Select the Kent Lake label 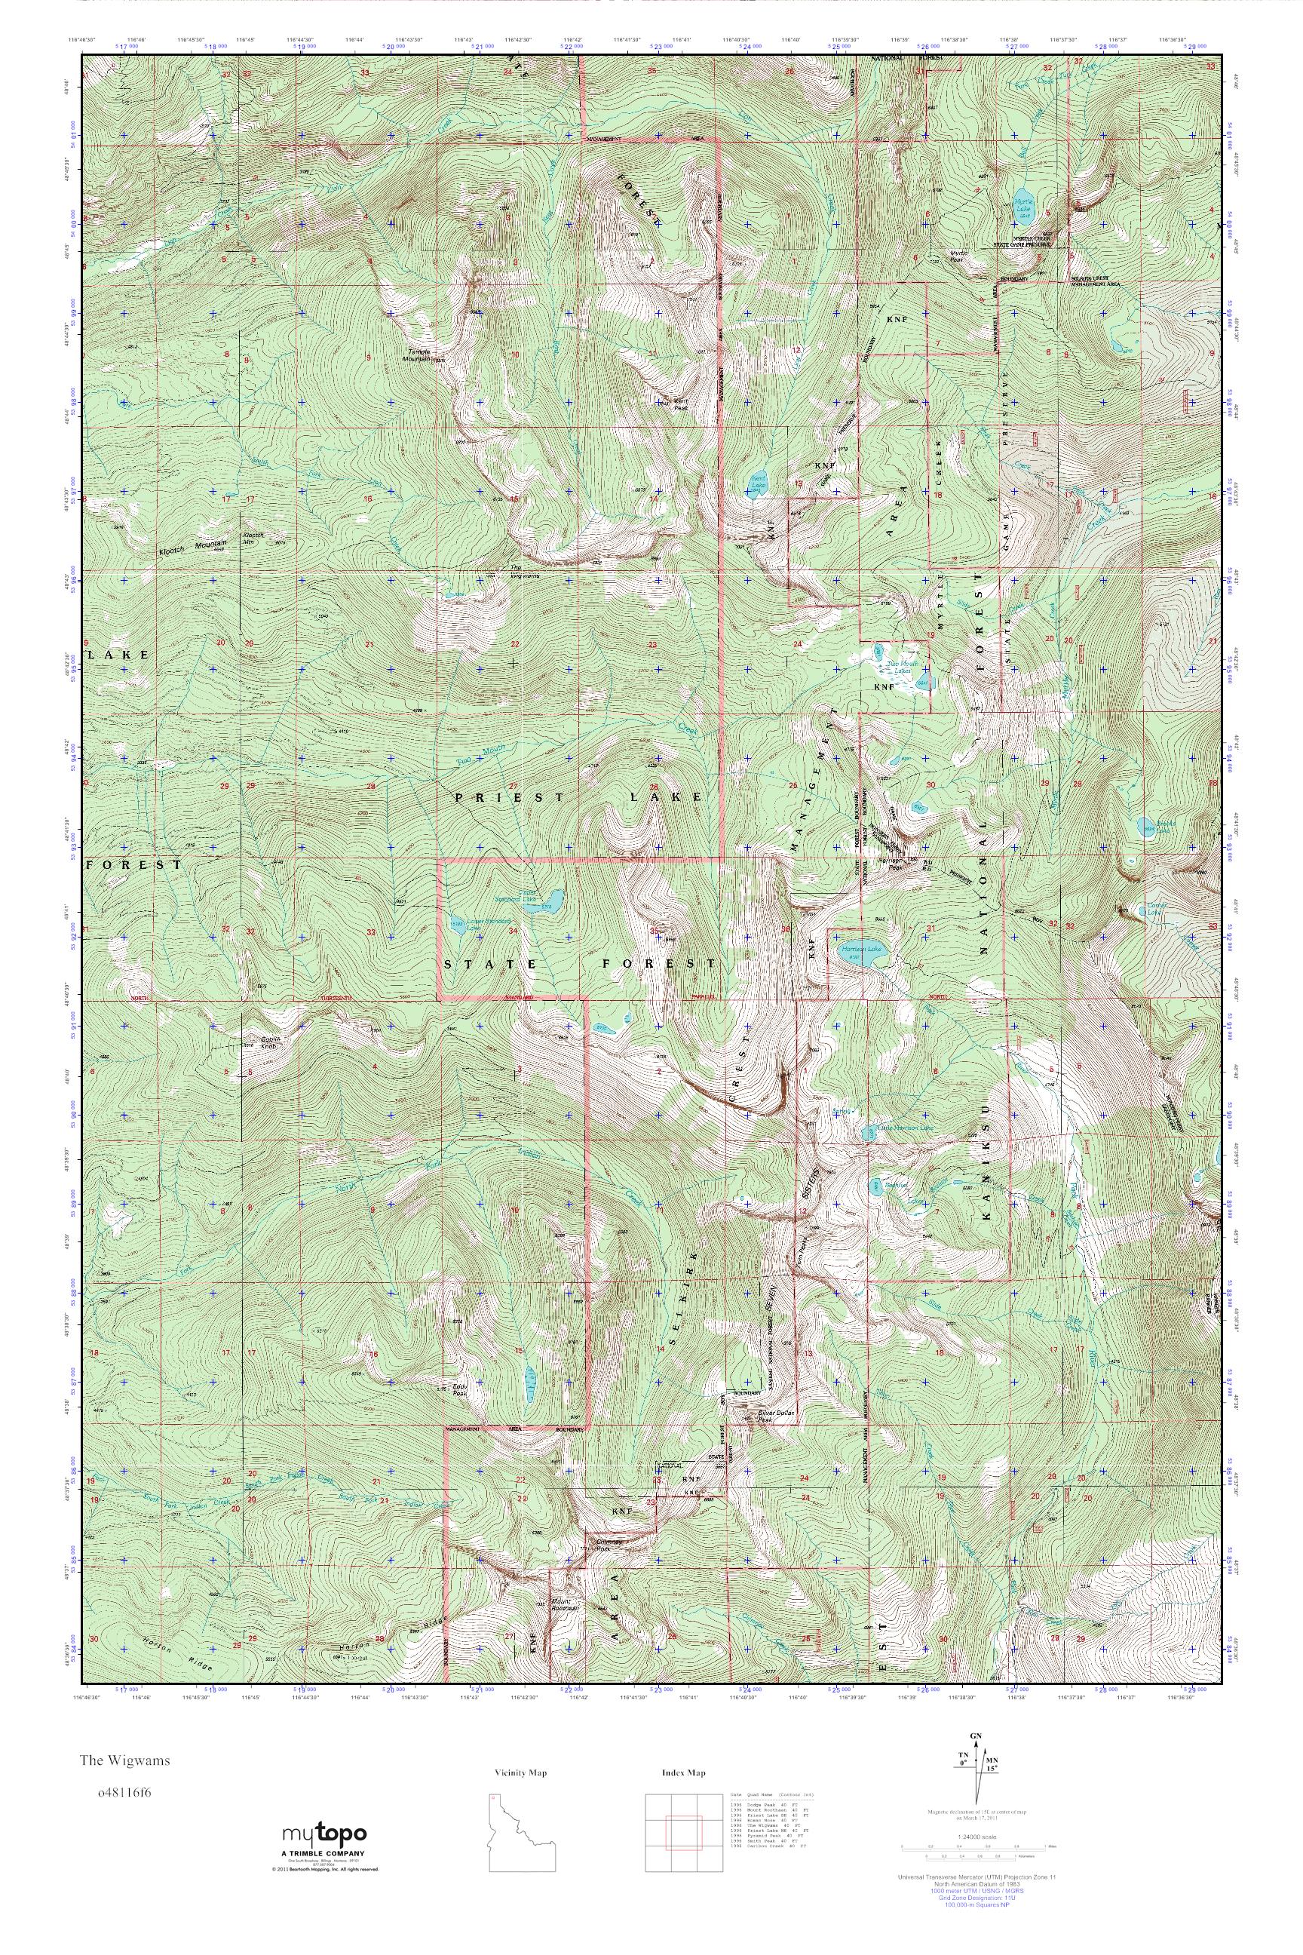click(x=758, y=480)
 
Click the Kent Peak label click(x=679, y=404)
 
